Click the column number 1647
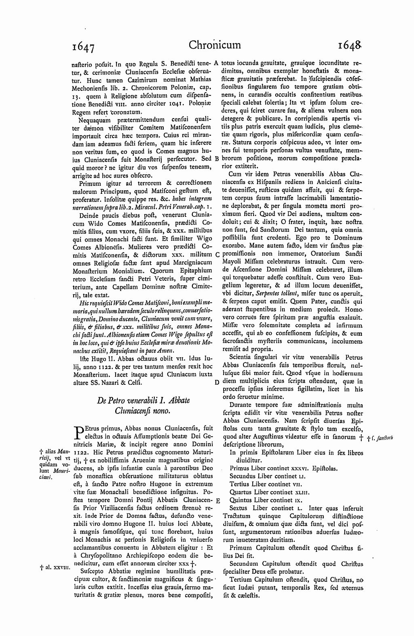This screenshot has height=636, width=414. click(x=84, y=47)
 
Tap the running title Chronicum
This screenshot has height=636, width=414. click(x=214, y=45)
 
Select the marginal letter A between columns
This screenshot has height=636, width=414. click(x=216, y=63)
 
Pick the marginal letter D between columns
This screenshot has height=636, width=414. click(x=217, y=382)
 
